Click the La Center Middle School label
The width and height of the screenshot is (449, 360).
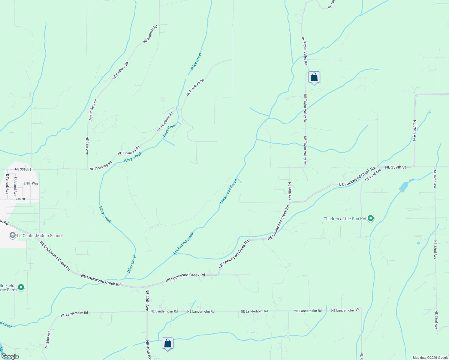click(40, 235)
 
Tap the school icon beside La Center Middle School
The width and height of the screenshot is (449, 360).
click(13, 235)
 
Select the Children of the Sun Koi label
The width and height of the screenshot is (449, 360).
click(345, 219)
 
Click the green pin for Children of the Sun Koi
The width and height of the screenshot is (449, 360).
click(371, 218)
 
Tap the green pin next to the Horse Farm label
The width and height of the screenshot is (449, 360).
click(21, 287)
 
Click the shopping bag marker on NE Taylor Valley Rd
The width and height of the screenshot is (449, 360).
click(314, 78)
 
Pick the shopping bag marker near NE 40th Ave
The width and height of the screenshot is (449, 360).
click(167, 344)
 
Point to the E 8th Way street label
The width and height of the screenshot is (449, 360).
click(31, 183)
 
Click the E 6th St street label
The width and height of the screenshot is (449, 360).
click(19, 199)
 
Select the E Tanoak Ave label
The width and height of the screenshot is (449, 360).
click(7, 184)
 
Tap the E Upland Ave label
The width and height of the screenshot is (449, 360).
click(15, 186)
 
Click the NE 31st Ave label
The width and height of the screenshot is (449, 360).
click(87, 145)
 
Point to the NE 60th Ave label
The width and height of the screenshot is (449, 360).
click(289, 191)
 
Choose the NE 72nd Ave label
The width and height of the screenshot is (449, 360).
click(373, 175)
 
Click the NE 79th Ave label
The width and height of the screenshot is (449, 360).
click(414, 130)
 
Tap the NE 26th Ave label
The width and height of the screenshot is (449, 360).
click(48, 339)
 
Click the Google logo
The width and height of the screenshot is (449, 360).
click(10, 356)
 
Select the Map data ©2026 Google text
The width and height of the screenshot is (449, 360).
click(430, 358)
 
